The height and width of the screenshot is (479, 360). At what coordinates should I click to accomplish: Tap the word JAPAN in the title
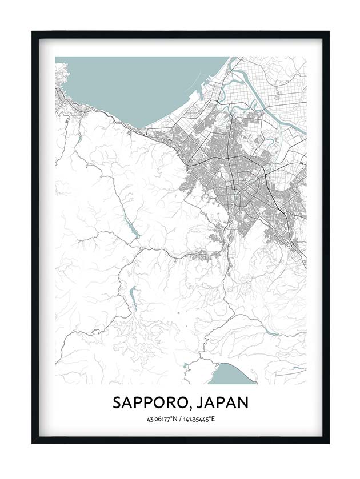point(222,402)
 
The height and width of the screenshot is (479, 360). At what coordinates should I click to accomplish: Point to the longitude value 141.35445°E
point(197,420)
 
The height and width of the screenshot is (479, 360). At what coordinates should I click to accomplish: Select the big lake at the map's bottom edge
point(231,375)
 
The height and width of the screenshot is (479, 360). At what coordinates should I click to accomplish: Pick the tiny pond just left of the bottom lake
point(186,365)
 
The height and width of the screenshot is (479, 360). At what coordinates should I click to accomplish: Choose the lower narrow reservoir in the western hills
point(133,297)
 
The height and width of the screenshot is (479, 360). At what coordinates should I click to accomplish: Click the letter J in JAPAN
point(198,402)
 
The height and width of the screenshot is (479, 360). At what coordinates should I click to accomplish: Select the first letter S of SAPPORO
point(117,402)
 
